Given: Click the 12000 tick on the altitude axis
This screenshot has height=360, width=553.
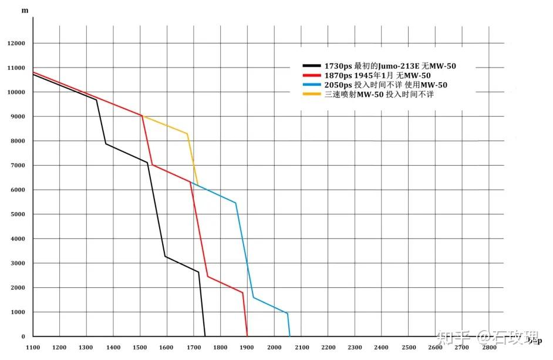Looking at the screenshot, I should coord(16,43).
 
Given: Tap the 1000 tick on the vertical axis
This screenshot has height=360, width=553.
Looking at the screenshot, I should coord(18,312).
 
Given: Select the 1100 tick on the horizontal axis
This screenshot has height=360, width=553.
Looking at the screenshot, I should coord(33,348).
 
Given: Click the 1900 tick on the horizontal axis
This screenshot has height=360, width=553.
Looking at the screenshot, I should coord(247,348).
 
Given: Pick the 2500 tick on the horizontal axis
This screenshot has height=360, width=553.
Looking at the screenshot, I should coord(408,348).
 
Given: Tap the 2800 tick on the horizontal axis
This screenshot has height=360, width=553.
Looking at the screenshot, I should coord(488,348).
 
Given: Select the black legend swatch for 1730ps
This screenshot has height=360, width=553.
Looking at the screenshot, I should coord(311,66).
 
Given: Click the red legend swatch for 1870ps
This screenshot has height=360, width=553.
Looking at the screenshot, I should coord(311,76).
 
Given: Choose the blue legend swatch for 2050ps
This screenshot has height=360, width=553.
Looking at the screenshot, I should coord(311,85).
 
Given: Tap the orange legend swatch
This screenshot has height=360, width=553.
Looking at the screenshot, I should coord(311,95).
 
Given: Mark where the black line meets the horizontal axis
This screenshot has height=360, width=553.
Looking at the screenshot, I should coord(205,336).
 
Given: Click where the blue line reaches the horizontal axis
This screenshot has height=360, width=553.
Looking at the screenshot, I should coord(290,336).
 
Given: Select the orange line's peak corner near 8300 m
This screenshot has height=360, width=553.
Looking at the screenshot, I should coord(188,134).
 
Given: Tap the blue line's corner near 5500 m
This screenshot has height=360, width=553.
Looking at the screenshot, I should coord(235,203).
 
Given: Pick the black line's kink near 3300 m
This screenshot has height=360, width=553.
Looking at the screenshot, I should coord(166,256).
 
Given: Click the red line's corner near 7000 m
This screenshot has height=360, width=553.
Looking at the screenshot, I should coord(152,165).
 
